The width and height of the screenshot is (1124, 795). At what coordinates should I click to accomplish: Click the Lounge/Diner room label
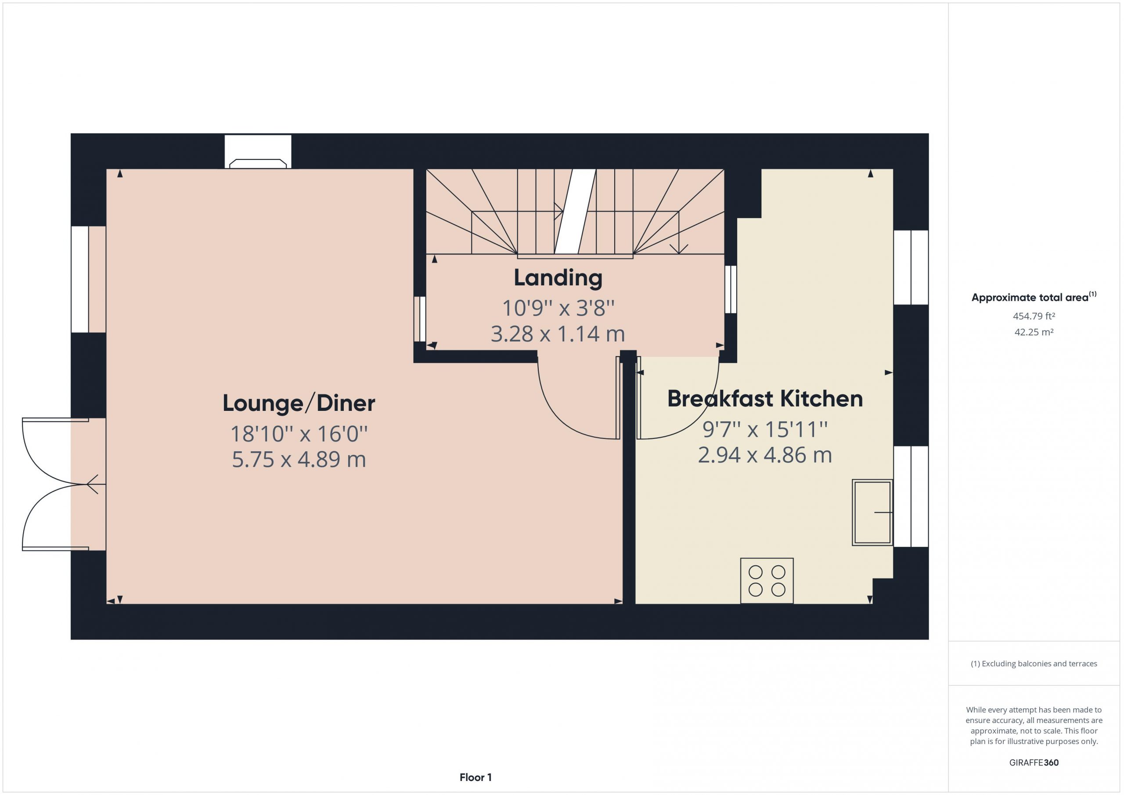(299, 403)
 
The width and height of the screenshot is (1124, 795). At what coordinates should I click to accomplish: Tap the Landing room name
(558, 278)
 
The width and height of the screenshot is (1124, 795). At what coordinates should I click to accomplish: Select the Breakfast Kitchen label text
(765, 399)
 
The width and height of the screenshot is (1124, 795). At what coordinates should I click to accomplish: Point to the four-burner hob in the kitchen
(767, 581)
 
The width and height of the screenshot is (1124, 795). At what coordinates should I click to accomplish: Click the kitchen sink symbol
(872, 513)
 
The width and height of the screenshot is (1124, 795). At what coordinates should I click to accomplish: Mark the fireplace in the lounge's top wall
(258, 152)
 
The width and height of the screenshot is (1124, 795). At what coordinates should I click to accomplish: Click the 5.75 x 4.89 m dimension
(299, 459)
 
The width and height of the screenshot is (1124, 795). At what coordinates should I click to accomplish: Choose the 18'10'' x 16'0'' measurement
(299, 434)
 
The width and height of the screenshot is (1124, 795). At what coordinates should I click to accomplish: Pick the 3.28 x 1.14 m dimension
(558, 334)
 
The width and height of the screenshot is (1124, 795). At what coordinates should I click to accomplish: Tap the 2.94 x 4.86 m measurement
(765, 455)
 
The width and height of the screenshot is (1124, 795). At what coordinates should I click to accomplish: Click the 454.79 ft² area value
(1034, 316)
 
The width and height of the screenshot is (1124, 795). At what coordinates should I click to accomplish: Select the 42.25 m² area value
(1034, 332)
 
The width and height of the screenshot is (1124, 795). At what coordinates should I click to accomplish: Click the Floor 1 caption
(476, 777)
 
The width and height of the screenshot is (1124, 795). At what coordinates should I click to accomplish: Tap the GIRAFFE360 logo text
(1034, 763)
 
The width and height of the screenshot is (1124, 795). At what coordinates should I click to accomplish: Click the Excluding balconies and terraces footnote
(1034, 664)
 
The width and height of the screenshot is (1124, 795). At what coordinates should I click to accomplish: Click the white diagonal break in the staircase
(575, 212)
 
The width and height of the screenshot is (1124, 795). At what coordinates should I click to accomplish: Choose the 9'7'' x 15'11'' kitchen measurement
(765, 430)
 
